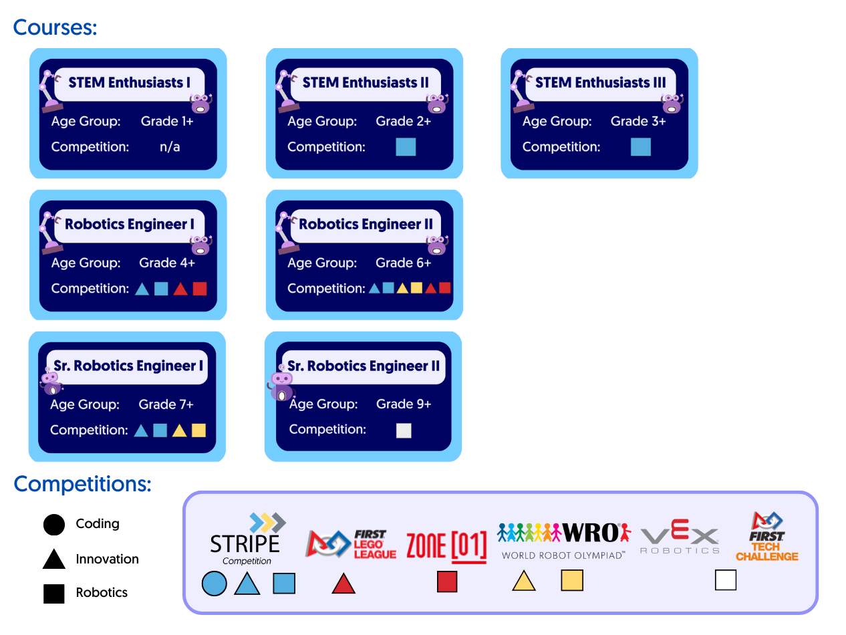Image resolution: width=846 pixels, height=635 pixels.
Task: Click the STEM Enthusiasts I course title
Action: coord(130,83)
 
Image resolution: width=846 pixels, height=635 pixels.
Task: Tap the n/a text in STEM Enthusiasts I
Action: coord(170,146)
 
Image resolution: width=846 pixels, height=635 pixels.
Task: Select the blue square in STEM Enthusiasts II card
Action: coord(406,146)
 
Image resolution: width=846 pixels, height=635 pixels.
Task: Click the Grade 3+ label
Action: coord(638,121)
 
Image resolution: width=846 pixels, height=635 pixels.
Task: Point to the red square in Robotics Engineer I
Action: coord(200,289)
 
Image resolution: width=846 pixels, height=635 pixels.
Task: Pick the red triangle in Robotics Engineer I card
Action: coord(180,289)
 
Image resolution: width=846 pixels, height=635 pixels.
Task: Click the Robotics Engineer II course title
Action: coord(366,225)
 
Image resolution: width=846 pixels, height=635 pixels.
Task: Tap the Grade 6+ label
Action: coord(404,263)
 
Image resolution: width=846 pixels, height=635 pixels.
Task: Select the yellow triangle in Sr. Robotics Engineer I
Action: coord(179,430)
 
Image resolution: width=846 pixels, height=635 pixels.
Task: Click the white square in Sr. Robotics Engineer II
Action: coord(404,430)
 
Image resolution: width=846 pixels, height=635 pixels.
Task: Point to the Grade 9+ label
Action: coord(404,404)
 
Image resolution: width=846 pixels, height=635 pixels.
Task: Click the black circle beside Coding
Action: coord(54,525)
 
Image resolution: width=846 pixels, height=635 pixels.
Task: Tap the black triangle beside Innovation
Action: coord(54,559)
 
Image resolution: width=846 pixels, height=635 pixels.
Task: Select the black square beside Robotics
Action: coord(54,593)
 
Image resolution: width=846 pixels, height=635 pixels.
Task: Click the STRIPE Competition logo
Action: coord(246,540)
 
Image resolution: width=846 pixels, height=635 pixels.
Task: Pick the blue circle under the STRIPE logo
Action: coord(214,584)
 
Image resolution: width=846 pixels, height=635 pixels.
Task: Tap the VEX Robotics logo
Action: coord(680,539)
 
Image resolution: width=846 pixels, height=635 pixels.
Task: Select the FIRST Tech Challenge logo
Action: coord(767,537)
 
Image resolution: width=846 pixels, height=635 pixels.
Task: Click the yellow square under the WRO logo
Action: coord(572,580)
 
